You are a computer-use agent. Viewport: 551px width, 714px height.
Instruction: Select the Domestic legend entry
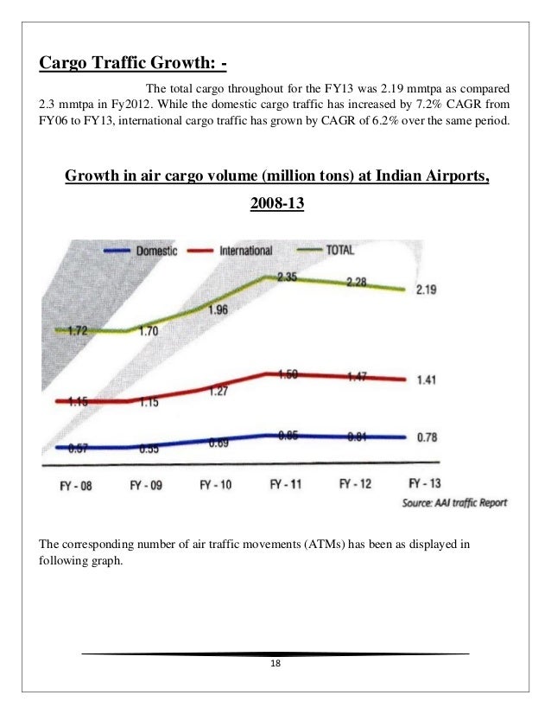click(x=155, y=251)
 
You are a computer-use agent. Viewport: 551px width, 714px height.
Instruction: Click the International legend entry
click(x=246, y=251)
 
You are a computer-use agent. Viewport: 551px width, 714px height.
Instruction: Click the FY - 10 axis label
click(x=215, y=485)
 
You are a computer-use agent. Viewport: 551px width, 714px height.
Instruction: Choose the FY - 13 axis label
click(x=424, y=483)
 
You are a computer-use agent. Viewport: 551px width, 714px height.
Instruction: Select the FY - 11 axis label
click(x=285, y=485)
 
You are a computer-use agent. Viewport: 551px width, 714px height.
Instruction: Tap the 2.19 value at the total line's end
click(x=426, y=290)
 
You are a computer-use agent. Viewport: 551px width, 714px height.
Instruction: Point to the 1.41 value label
click(x=426, y=379)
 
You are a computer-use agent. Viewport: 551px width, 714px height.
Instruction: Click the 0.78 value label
click(x=426, y=437)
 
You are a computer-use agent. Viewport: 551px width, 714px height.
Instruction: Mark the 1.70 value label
click(x=149, y=329)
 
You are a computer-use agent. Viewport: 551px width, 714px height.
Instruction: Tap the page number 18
click(x=275, y=664)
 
